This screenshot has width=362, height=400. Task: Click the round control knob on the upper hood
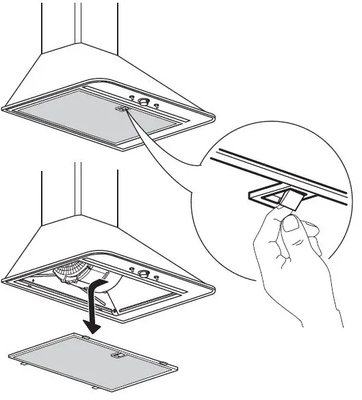pos(144,103)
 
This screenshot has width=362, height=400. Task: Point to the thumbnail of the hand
pos(292,224)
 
